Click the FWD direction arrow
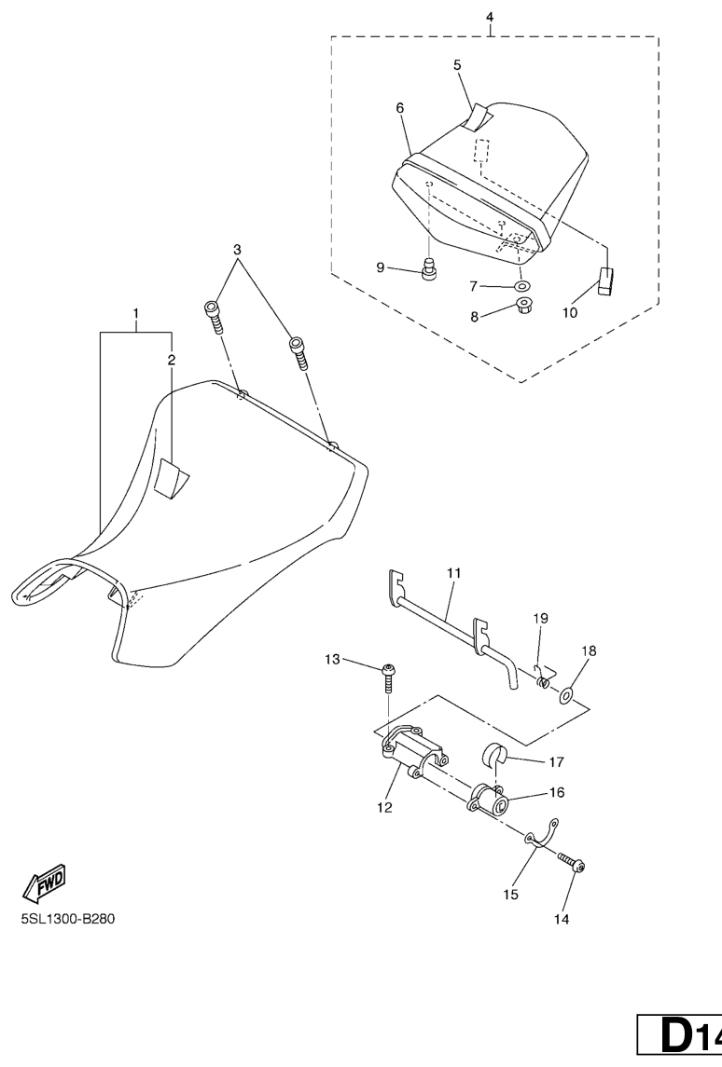44,883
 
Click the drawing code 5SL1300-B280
68,919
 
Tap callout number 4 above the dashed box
490,17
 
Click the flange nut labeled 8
524,307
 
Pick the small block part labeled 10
607,281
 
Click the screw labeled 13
390,677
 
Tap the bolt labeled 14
572,863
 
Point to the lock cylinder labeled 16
488,799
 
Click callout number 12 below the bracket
385,807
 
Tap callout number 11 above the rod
454,573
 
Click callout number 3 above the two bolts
237,250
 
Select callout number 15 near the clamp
511,895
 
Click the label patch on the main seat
171,479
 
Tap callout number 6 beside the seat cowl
400,107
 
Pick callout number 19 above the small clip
541,618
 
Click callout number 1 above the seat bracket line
135,313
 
